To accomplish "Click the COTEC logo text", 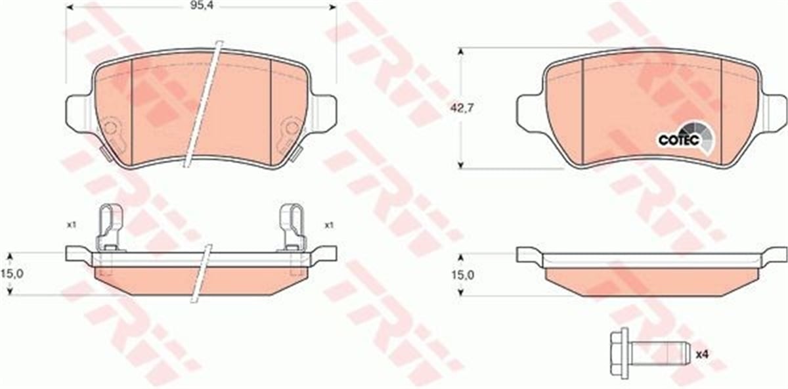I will [675, 139].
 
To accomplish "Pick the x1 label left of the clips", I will [72, 225].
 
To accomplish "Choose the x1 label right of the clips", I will [330, 225].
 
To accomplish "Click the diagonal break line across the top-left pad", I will [203, 105].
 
